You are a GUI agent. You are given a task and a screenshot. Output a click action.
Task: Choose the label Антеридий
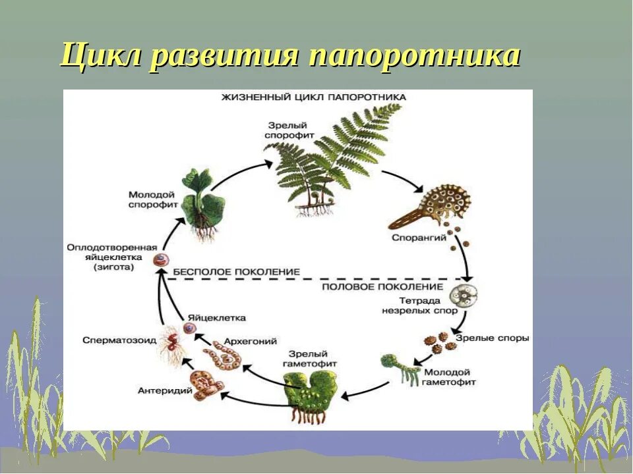click(165, 390)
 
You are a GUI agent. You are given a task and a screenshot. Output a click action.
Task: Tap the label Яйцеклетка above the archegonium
click(216, 317)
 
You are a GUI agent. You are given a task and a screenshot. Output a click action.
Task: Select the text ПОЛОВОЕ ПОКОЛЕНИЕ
click(382, 287)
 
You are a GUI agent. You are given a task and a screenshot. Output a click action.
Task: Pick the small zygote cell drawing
click(159, 260)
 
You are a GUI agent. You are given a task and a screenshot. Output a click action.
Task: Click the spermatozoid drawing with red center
click(171, 343)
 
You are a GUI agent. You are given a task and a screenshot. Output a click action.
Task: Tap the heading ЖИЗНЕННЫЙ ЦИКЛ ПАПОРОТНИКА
click(313, 97)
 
